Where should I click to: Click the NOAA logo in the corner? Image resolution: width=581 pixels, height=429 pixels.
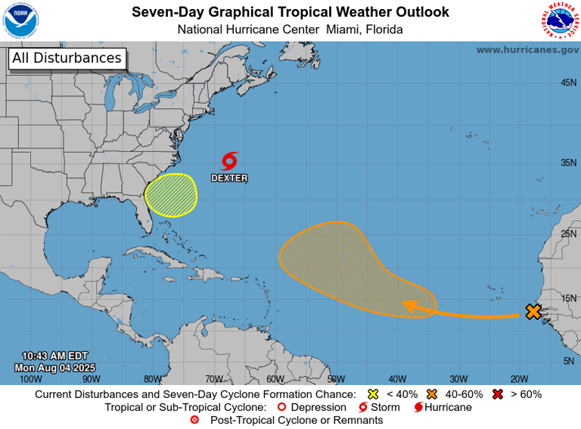[x=20, y=20]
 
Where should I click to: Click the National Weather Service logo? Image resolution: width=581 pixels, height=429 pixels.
[x=561, y=20]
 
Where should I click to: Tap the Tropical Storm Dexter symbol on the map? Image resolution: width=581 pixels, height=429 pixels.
[x=230, y=160]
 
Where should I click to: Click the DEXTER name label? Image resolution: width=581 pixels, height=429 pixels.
[x=229, y=179]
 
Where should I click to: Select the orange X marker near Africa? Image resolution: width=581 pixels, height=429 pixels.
[x=533, y=312]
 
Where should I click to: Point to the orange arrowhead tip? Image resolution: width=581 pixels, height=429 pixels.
[x=404, y=305]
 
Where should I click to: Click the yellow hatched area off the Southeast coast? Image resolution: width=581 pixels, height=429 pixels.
[x=171, y=194]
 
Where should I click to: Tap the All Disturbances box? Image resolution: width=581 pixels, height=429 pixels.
[x=67, y=58]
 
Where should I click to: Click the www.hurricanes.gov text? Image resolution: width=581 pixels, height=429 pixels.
[x=527, y=49]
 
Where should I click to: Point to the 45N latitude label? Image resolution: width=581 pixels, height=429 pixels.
[x=568, y=82]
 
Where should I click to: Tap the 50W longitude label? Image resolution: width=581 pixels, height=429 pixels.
[x=336, y=379]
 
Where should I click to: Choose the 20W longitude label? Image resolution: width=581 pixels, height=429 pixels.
[x=519, y=379]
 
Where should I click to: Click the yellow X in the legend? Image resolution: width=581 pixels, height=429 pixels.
[x=372, y=394]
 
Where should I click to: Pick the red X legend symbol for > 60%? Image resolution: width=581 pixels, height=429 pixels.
[x=499, y=394]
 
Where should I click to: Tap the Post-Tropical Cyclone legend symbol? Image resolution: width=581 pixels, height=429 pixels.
[x=194, y=420]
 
